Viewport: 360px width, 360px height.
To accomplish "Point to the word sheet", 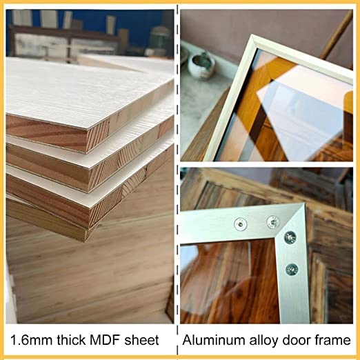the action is (x=141, y=341).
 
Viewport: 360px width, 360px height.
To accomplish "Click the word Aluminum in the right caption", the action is (x=214, y=340).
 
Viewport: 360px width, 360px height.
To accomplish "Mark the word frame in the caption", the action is (x=332, y=340).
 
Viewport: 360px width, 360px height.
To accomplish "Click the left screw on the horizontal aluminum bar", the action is (x=241, y=223).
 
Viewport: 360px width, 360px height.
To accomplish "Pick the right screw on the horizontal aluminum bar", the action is (x=273, y=222).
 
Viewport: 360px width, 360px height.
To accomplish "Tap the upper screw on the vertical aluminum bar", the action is (x=290, y=237).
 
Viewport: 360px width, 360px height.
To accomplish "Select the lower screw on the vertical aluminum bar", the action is (x=292, y=270).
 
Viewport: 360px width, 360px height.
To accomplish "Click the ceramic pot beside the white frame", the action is (x=201, y=66).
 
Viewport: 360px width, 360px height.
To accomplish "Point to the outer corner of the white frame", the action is (x=252, y=35).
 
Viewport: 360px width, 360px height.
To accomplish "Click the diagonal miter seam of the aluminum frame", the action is (x=290, y=220).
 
